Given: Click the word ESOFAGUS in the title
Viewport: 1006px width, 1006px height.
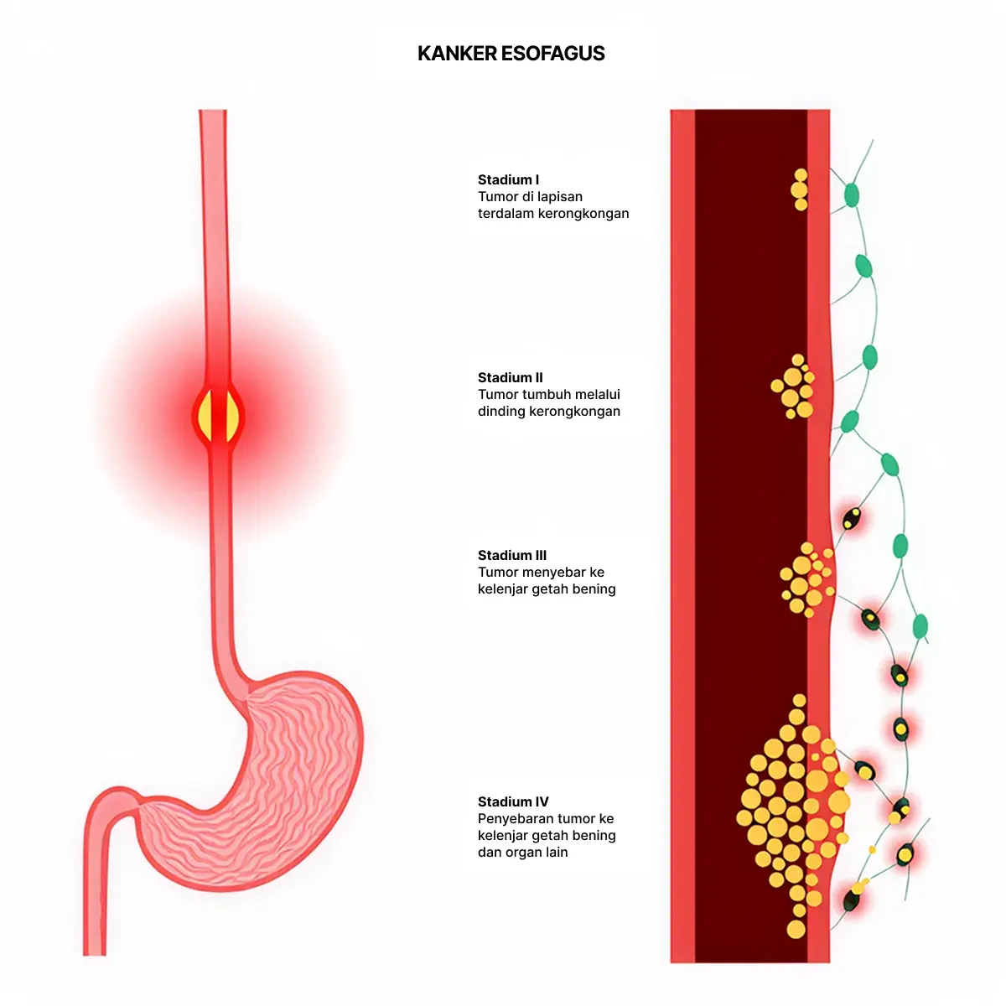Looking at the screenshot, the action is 552,54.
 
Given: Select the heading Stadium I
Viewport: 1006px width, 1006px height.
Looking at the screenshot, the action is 508,179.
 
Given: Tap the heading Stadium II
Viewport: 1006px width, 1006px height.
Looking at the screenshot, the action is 510,377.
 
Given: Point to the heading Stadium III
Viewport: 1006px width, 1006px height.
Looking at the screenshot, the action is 512,555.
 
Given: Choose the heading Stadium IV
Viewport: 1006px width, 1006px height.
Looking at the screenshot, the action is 513,801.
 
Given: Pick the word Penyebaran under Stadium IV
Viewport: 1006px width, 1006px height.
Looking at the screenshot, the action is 510,818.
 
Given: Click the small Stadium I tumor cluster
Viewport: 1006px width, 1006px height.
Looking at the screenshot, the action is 800,189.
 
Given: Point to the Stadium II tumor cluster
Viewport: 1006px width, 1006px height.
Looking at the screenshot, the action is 793,386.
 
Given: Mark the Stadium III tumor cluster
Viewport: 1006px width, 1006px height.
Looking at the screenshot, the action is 807,579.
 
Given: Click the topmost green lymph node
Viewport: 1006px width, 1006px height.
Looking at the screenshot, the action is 852,194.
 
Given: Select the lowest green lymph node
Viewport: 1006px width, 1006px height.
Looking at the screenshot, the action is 920,626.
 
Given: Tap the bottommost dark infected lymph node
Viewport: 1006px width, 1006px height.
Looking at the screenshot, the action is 852,899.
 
